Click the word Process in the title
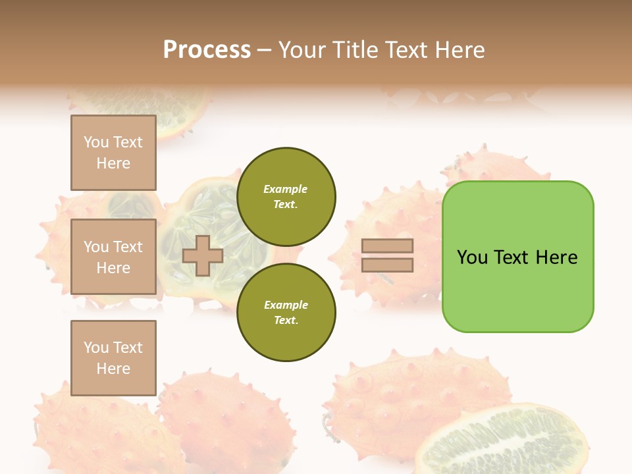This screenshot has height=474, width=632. [207, 50]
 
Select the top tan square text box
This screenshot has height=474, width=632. [113, 153]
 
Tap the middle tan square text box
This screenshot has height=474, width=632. [113, 257]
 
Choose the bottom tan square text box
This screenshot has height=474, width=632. [113, 357]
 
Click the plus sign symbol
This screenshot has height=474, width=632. [203, 255]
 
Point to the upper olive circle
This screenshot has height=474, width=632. [286, 197]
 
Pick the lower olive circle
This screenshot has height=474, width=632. [286, 313]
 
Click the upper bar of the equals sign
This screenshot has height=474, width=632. [387, 246]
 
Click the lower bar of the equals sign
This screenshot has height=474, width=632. [387, 265]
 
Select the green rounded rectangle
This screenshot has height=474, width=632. [517, 290]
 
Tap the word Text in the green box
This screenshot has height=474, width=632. [515, 257]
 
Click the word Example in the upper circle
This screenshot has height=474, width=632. [285, 189]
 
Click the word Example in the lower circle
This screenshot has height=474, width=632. [285, 305]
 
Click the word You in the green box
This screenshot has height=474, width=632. [472, 257]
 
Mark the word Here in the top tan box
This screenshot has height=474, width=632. [113, 163]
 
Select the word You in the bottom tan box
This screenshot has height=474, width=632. [96, 348]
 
